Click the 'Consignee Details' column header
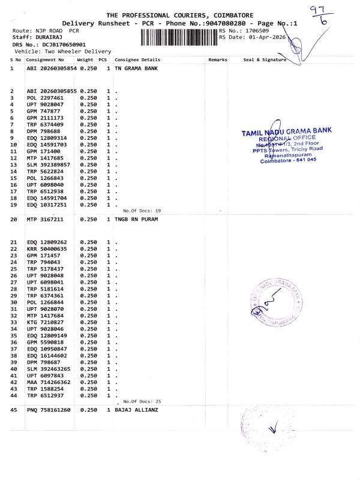coord(137,60)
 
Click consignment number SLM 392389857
coord(50,164)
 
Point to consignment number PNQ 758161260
coord(49,410)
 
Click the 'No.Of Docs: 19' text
coord(142,211)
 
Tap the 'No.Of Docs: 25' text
coord(142,401)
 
